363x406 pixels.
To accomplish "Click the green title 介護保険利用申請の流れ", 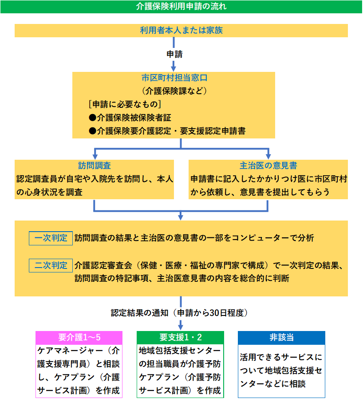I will pos(181,7).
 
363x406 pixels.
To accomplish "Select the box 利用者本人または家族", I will pos(181,31).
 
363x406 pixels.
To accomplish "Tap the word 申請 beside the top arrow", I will pos(174,54).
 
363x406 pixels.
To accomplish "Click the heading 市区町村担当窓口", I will pos(174,78).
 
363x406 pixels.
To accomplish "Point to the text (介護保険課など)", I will pos(174,91).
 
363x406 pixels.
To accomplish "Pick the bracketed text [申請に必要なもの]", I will pos(124,104).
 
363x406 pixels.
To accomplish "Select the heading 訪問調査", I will pos(94,166).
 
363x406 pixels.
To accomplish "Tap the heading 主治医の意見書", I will pos(268,166).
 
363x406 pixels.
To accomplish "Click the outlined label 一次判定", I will pos(51,238).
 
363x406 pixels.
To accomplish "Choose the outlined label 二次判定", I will pos(51,266).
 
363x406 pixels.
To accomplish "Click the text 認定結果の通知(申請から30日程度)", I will pos(179,312).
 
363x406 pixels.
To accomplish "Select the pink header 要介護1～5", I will pos(78,337).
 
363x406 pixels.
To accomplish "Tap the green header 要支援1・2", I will pos(180,337).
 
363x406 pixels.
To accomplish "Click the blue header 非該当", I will pos(281,337).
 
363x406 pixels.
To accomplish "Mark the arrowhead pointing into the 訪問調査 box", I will pos(94,156).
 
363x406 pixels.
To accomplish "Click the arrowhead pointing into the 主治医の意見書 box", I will pos(268,156).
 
